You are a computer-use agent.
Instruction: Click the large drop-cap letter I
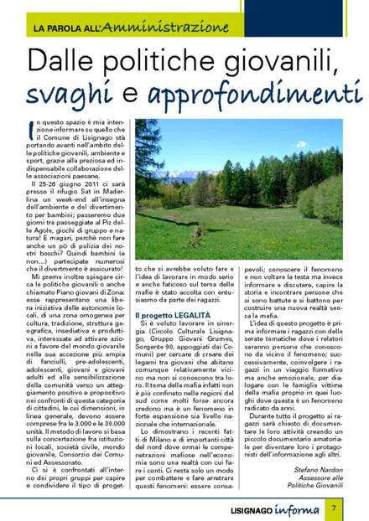[x=31, y=130]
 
